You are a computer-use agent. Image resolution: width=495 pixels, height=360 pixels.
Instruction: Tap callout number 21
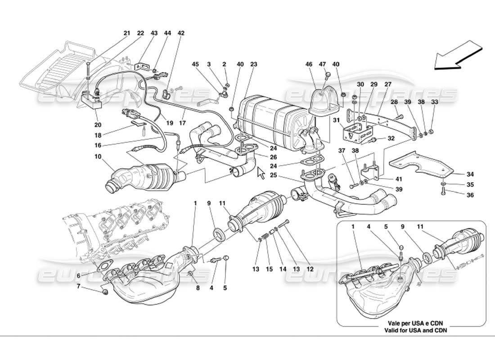pos(127,33)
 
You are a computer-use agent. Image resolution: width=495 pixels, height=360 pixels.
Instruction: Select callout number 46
pos(309,65)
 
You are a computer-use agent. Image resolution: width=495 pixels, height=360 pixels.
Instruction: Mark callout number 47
pos(323,65)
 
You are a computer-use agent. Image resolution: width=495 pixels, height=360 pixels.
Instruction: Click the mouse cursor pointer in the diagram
pos(260,173)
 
